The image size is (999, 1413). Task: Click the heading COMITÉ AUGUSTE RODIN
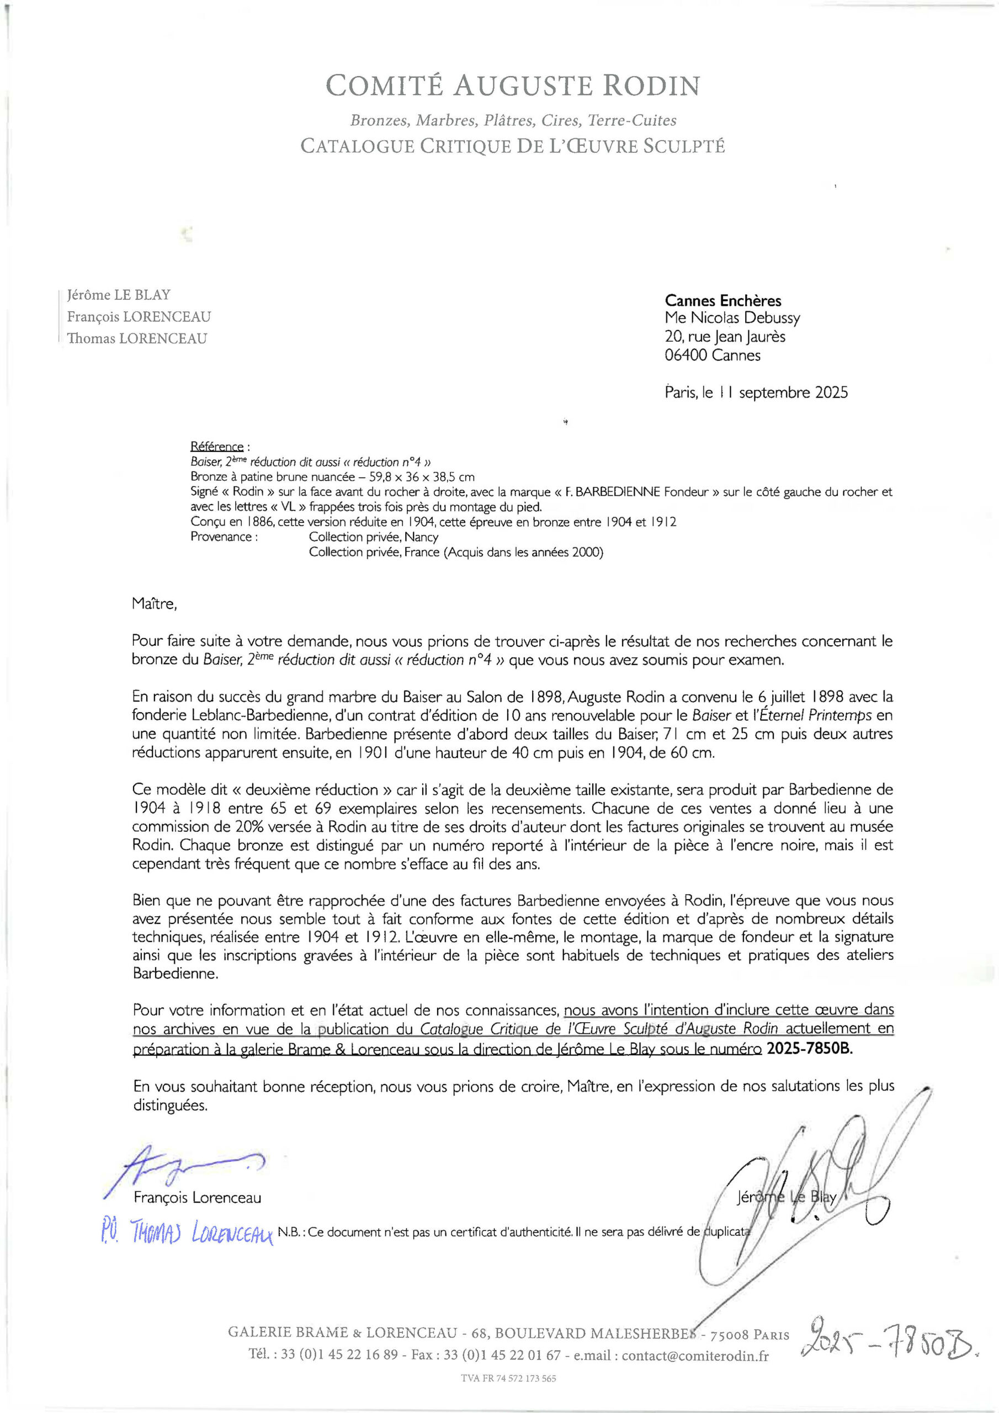click(512, 86)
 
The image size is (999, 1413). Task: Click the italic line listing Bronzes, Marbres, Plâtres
click(513, 121)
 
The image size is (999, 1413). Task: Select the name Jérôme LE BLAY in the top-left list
click(119, 295)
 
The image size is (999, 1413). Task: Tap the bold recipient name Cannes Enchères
click(722, 301)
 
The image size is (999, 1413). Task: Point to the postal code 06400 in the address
click(686, 355)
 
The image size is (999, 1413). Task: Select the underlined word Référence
click(217, 447)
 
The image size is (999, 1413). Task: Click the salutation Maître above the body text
click(154, 604)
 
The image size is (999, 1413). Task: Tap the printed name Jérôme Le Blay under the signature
click(786, 1197)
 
